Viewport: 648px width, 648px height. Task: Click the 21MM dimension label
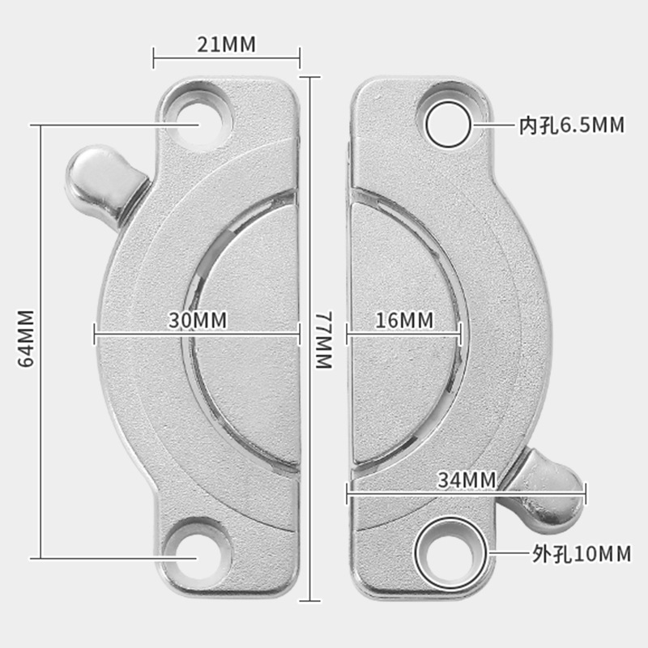[226, 45]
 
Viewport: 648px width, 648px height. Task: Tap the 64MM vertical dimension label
[26, 338]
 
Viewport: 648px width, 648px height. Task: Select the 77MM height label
[325, 339]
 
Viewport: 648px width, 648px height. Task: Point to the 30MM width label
[198, 320]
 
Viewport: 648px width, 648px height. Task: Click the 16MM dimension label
[404, 320]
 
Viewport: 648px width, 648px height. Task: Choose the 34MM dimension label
[467, 480]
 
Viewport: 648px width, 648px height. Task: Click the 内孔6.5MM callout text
[572, 125]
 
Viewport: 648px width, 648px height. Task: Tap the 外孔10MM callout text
[582, 554]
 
